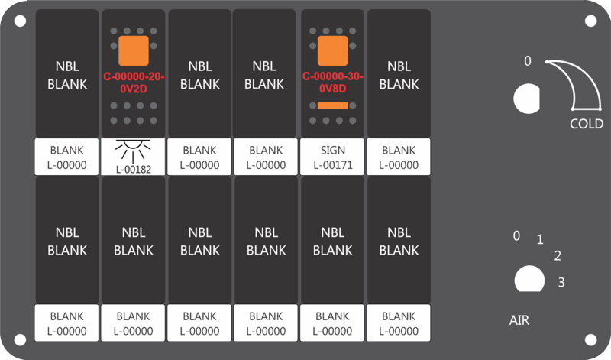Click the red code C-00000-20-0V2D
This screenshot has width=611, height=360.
point(134,83)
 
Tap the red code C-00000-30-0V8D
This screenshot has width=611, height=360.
point(333,82)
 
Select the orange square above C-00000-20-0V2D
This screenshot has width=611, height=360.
point(134,50)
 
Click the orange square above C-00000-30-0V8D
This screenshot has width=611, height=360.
point(333,50)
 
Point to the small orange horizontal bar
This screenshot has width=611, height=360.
point(333,105)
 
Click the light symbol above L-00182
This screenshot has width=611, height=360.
point(133,151)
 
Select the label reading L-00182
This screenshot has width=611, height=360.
point(134,170)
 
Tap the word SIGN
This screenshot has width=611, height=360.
point(333,150)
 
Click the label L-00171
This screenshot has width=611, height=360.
point(333,165)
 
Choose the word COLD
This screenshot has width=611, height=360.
point(587,124)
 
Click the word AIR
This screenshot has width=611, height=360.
point(519,320)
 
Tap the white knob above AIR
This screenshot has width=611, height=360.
point(529,279)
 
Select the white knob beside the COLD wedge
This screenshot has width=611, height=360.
point(527,99)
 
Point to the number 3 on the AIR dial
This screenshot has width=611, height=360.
point(561,282)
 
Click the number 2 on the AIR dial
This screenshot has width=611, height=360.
point(558,256)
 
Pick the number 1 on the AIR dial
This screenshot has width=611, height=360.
point(540,239)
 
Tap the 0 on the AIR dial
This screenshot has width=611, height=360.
point(516,235)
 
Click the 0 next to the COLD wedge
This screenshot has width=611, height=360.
point(528,61)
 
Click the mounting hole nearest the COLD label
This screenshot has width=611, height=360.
point(590,21)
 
